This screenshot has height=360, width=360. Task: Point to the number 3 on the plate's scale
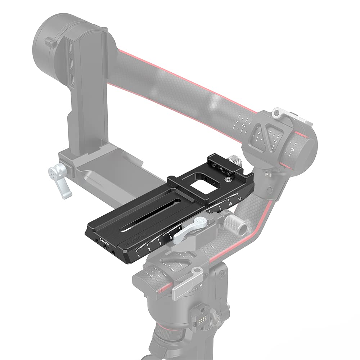[160, 244]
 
